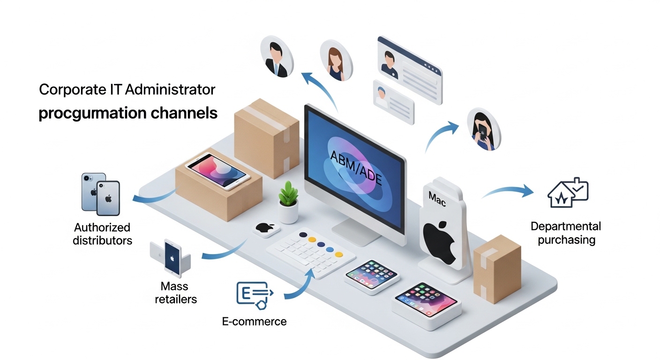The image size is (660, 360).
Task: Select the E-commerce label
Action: click(x=254, y=322)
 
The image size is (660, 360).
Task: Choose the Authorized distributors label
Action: click(x=102, y=234)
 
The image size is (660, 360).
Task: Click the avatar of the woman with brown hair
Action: click(x=335, y=60)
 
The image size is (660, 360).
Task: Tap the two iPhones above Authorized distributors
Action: click(x=100, y=193)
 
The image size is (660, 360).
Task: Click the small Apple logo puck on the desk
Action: click(x=266, y=229)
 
